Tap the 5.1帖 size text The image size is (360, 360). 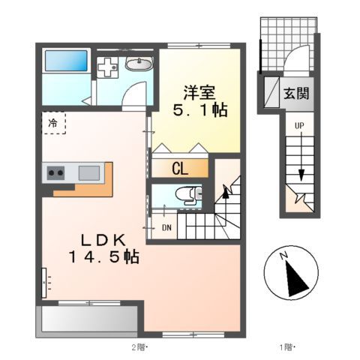pyautogui.click(x=200, y=109)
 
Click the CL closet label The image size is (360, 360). pyautogui.click(x=180, y=168)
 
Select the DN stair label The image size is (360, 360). pyautogui.click(x=166, y=226)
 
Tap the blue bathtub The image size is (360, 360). pyautogui.click(x=66, y=61)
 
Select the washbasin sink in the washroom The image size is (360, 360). pyautogui.click(x=138, y=64)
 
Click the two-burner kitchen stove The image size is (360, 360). pyautogui.click(x=56, y=172)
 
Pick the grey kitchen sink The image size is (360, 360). pyautogui.click(x=88, y=172)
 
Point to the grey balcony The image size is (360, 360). pyautogui.click(x=88, y=319)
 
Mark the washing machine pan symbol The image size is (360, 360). pyautogui.click(x=109, y=66)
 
